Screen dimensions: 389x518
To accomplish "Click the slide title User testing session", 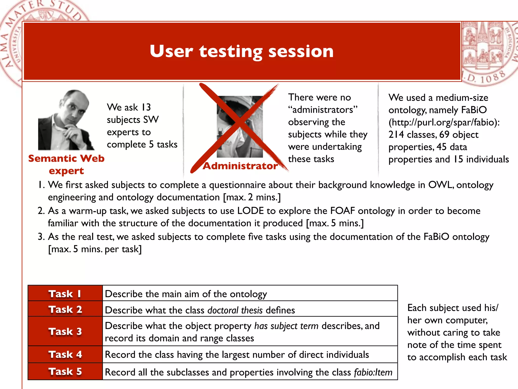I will pyautogui.click(x=242, y=51).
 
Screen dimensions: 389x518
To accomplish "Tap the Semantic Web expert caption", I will pyautogui.click(x=66, y=164).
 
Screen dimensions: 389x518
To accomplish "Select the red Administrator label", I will pyautogui.click(x=240, y=166).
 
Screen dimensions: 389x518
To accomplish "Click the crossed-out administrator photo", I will pyautogui.click(x=240, y=127).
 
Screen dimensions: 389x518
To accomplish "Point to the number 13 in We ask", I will pyautogui.click(x=146, y=107).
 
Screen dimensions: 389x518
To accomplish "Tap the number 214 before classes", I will pyautogui.click(x=396, y=135).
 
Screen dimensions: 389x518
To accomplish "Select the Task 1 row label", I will pyautogui.click(x=65, y=294).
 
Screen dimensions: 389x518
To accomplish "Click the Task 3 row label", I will pyautogui.click(x=65, y=332).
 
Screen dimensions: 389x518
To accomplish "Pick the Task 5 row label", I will pyautogui.click(x=65, y=372).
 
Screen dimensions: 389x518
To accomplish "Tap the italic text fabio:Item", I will pyautogui.click(x=373, y=372).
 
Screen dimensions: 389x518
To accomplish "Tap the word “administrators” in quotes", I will pyautogui.click(x=323, y=110).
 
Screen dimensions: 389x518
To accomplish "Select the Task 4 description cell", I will pyautogui.click(x=250, y=355).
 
